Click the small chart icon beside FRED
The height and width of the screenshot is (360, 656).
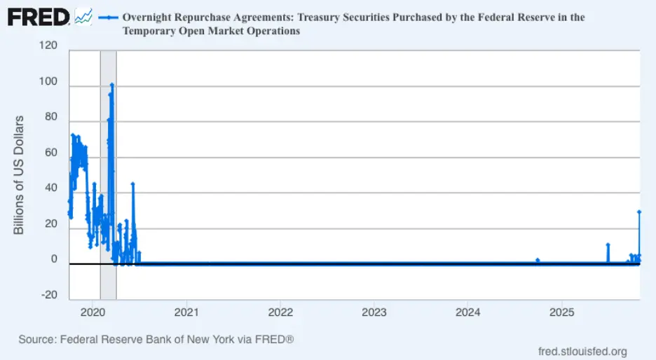[x=83, y=16]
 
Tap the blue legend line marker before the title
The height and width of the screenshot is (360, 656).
[x=108, y=17]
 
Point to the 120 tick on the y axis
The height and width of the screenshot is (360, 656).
[x=48, y=46]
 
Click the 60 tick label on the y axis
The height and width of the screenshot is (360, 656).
[x=51, y=152]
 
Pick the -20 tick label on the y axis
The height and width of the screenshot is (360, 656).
[x=50, y=295]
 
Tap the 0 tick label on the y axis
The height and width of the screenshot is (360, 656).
[x=54, y=259]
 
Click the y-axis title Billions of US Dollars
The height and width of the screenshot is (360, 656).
[x=19, y=175]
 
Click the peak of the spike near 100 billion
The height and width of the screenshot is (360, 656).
[x=111, y=85]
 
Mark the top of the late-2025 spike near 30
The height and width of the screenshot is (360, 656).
[x=638, y=212]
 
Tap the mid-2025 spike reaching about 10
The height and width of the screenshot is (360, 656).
[x=608, y=244]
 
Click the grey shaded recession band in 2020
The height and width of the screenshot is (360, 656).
[x=108, y=175]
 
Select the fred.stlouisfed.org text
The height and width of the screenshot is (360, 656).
[x=582, y=352]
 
